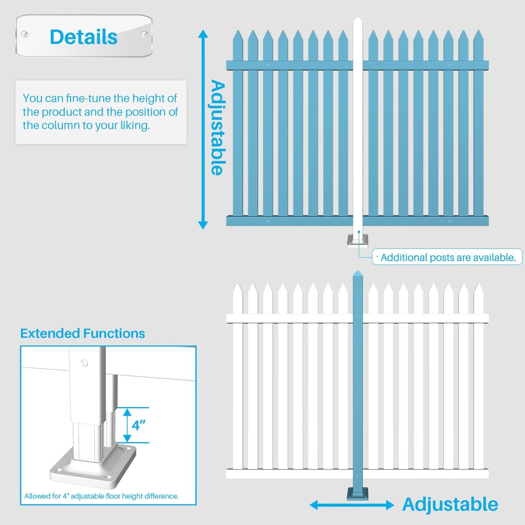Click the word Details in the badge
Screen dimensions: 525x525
click(x=84, y=37)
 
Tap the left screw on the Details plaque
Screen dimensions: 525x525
click(x=24, y=35)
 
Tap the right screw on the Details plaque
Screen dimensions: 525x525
click(x=144, y=35)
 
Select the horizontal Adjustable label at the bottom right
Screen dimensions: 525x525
click(x=450, y=504)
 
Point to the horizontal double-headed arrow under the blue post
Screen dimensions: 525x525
click(x=351, y=505)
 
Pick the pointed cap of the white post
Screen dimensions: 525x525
click(x=358, y=21)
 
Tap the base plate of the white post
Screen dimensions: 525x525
click(x=358, y=241)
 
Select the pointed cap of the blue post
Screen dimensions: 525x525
click(x=358, y=274)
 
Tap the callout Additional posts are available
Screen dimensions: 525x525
click(x=448, y=257)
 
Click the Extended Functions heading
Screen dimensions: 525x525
click(x=82, y=333)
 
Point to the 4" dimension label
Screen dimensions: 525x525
click(x=138, y=425)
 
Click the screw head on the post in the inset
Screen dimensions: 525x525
click(x=84, y=363)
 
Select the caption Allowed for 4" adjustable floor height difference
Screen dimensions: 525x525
click(x=101, y=496)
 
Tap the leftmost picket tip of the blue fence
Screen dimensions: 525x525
click(x=238, y=36)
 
